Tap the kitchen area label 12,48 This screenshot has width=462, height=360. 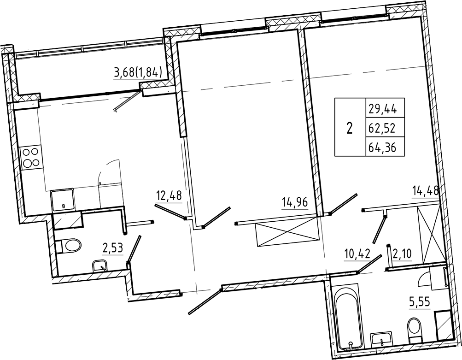point(169,196)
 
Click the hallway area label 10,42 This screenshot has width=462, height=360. point(357,254)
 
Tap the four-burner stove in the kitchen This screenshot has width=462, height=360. point(31,157)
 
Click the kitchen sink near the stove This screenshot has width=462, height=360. point(62,200)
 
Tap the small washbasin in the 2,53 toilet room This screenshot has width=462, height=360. point(100,266)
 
